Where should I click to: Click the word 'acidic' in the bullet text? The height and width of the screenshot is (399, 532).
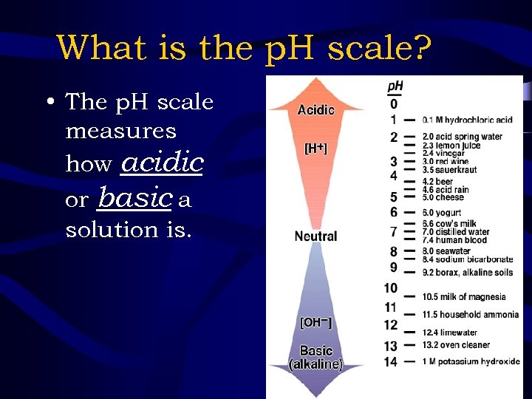162,162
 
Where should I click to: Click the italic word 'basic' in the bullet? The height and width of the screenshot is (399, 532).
135,197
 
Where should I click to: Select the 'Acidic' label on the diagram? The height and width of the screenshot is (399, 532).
316,110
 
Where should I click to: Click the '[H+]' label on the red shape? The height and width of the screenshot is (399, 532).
316,148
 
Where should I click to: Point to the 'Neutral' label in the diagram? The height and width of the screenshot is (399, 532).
316,236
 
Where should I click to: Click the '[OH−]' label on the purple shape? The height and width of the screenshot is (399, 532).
316,322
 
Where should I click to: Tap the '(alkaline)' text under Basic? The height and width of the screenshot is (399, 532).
316,364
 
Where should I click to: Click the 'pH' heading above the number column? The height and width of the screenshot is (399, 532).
395,86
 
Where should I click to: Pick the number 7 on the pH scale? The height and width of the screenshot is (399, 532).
394,232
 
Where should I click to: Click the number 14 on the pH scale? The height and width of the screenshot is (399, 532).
391,362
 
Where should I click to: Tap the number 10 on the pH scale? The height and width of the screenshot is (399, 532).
391,288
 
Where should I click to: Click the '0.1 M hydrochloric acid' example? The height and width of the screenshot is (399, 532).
467,120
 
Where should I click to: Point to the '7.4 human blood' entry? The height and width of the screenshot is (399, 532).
454,240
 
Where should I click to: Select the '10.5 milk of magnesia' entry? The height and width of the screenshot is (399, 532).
463,297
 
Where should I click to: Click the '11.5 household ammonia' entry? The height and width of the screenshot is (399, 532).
470,315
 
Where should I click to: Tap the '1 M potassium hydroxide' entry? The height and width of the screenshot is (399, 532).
470,362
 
